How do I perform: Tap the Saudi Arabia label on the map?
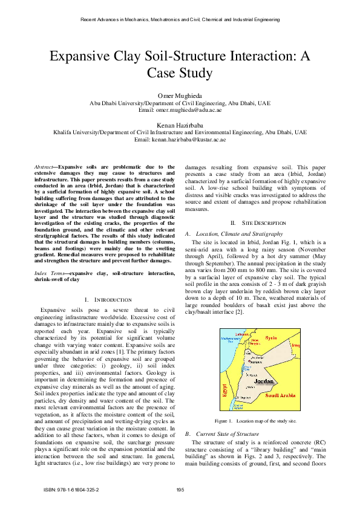(279, 395)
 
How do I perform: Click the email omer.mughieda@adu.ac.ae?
(180, 110)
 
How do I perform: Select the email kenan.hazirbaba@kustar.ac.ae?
(180, 139)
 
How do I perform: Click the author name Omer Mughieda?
(180, 96)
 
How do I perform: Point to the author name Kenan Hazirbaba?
(180, 125)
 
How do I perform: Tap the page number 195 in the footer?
(180, 489)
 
